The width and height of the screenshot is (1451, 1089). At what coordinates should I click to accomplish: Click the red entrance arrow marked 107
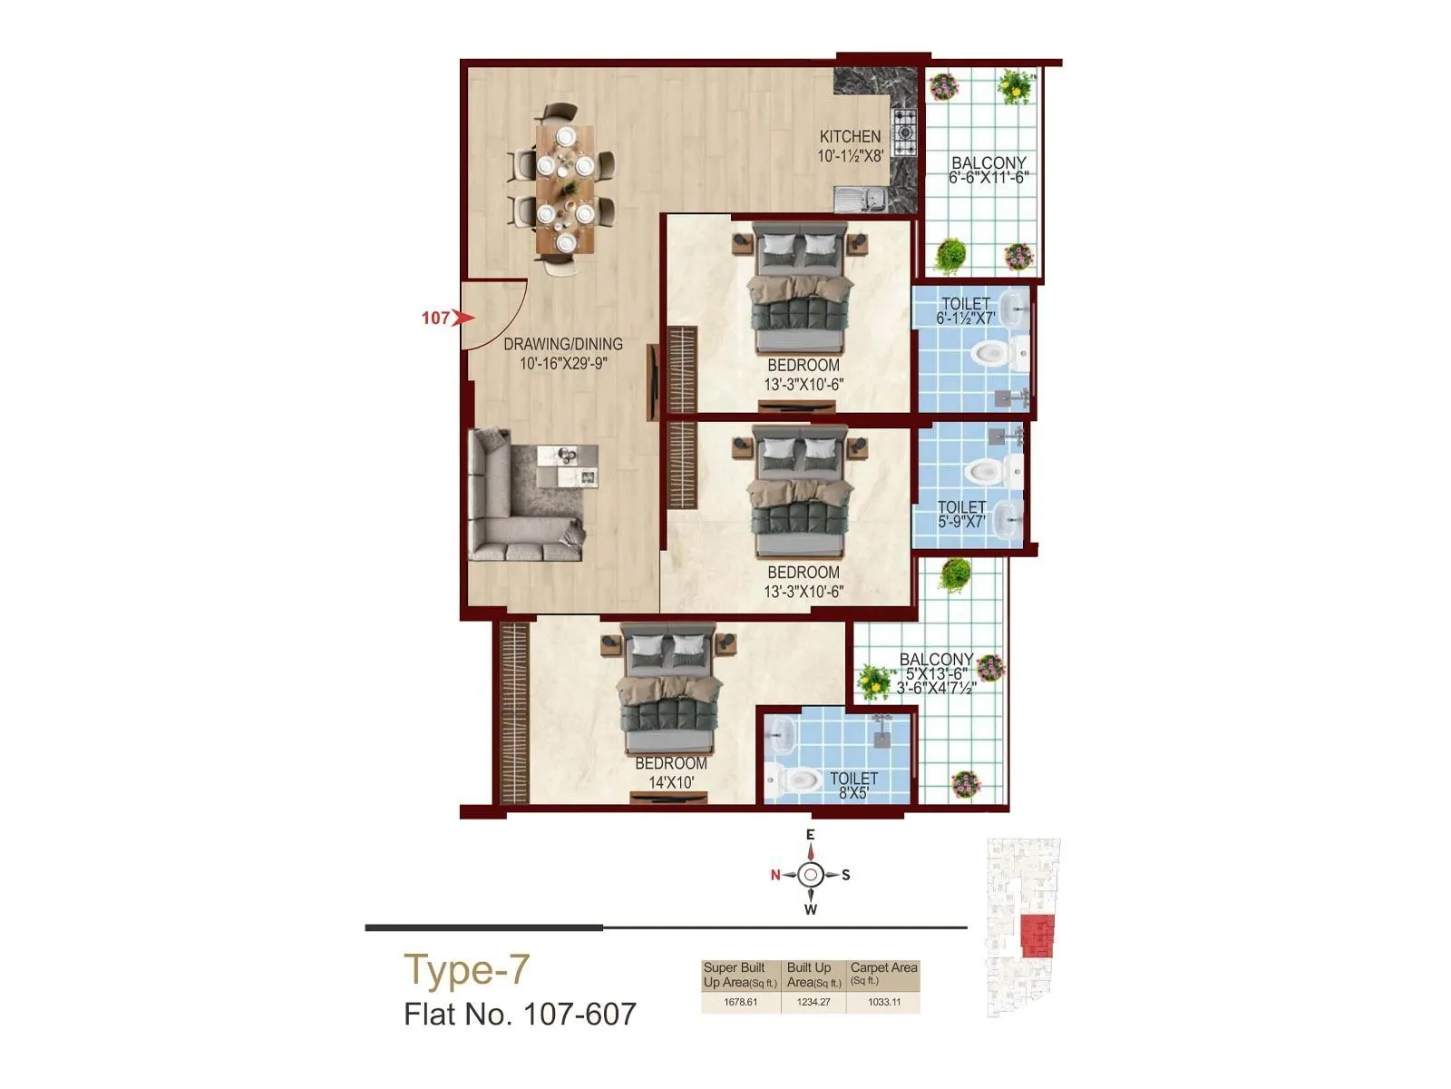[463, 318]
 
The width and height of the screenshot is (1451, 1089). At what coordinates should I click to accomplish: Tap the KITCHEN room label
[850, 137]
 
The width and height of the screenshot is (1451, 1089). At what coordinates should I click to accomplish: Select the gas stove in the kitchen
[904, 134]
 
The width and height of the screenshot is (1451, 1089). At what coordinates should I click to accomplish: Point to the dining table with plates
[564, 189]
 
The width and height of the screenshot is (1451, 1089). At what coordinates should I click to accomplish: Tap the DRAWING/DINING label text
[562, 344]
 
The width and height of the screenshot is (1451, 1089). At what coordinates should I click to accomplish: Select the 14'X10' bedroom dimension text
[671, 782]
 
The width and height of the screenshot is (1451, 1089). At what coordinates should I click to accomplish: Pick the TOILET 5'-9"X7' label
[961, 515]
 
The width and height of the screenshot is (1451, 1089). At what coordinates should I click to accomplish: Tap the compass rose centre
[811, 875]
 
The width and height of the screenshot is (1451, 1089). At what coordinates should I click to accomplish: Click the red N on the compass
[775, 875]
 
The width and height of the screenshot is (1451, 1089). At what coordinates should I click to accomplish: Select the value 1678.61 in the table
[740, 1002]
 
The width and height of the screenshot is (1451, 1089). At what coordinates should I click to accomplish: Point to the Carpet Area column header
[883, 972]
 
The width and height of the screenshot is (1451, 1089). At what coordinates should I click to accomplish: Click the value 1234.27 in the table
[813, 1002]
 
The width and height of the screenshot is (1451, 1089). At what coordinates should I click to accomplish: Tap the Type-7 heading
[465, 969]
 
